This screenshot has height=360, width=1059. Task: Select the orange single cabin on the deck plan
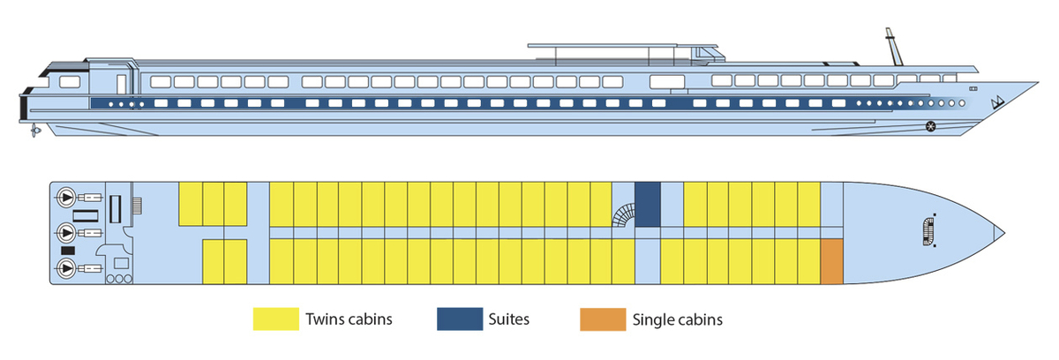(831, 261)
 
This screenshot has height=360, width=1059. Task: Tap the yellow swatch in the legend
(275, 319)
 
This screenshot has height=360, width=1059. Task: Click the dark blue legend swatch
(459, 319)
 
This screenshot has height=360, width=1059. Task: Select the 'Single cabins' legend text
(677, 319)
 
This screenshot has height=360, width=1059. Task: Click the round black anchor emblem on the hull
(931, 127)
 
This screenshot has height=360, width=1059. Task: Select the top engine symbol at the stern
(65, 196)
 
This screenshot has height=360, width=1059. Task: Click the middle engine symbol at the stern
(65, 232)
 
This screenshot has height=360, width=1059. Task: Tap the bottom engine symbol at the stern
(65, 267)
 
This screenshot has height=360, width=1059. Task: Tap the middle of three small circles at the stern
(118, 278)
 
